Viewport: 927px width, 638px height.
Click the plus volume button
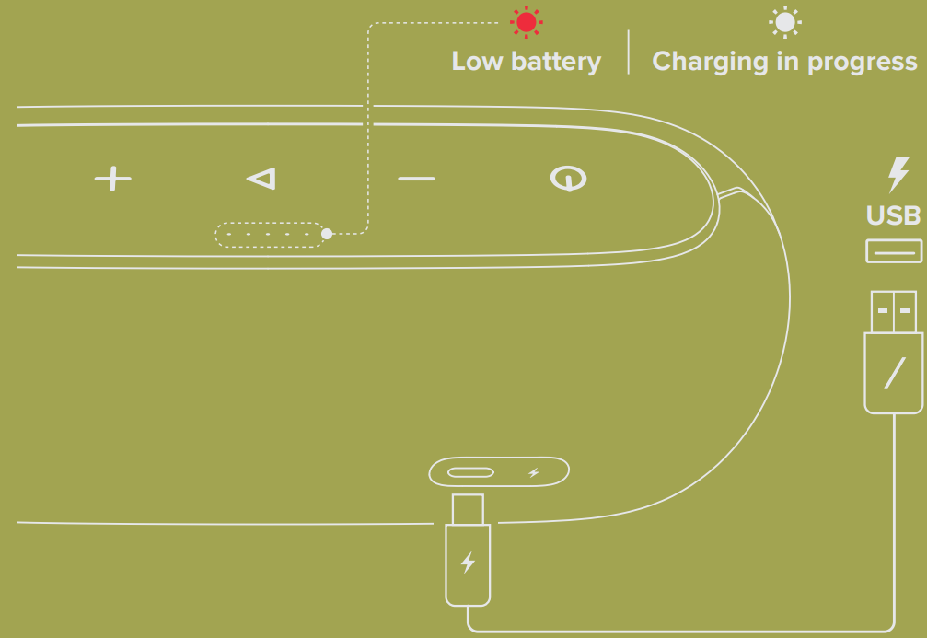(113, 179)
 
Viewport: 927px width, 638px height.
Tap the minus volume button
(416, 178)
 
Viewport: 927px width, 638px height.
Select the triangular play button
(262, 179)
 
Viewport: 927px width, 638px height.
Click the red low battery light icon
(527, 22)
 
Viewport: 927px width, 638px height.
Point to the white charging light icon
(785, 22)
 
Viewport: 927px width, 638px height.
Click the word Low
(476, 62)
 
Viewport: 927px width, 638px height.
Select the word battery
(554, 62)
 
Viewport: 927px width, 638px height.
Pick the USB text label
(893, 215)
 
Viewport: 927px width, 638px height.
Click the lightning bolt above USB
(895, 175)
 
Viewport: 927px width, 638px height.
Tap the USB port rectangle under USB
(893, 250)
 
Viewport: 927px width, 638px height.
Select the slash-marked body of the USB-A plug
(893, 373)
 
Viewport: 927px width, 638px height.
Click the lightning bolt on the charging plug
(468, 562)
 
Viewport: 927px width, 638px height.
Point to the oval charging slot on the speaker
(470, 473)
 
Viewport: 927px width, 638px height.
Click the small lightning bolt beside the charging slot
(534, 473)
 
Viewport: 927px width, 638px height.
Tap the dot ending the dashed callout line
(326, 234)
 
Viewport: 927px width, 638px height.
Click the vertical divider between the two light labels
(629, 52)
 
